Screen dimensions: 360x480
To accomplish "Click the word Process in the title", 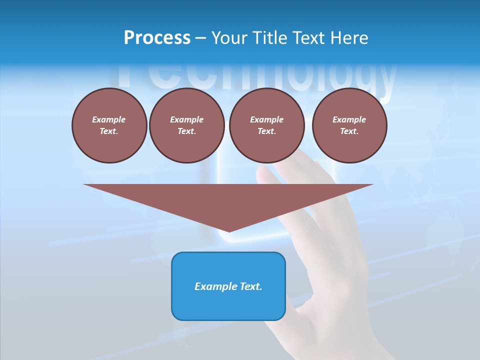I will pos(157,38).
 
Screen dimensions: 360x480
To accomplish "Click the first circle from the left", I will pos(109,125).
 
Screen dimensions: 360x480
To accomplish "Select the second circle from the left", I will pos(186,125).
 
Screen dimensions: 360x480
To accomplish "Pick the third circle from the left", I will pos(266,125).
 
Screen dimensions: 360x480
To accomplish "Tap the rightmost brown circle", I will pos(349,125).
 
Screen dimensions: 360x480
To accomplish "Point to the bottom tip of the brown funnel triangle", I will pos(228,231).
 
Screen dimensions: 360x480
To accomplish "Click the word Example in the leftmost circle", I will pos(109,119).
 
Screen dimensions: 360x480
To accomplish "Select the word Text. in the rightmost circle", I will pos(349,131).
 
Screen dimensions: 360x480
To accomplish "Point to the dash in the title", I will pos(201,38).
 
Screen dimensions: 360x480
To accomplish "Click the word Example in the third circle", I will pos(266,119).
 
